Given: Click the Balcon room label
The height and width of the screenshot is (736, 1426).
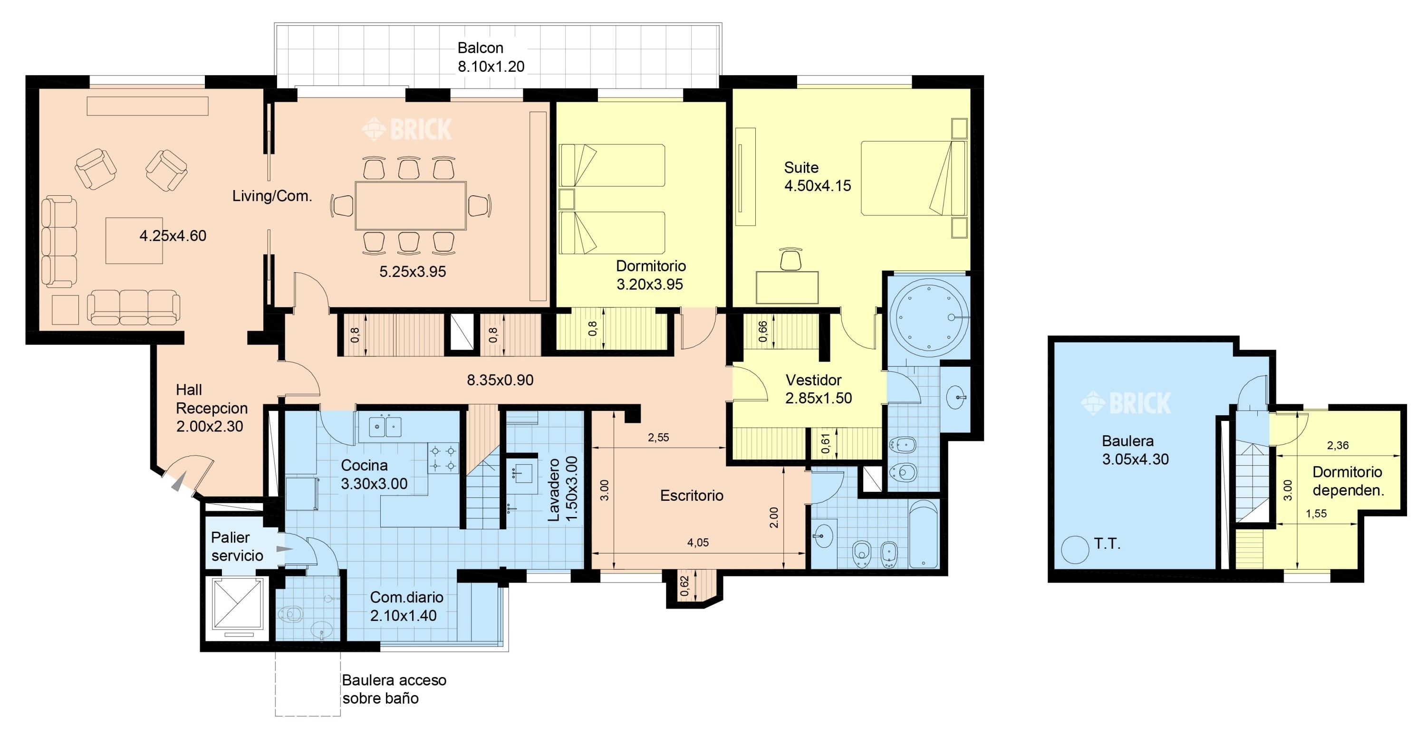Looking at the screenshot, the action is [480, 48].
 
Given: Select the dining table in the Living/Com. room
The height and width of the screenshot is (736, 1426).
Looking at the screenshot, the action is [410, 205].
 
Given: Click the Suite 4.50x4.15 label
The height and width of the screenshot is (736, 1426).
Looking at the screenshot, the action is [817, 177].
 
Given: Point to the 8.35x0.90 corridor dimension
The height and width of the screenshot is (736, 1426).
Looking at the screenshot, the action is [500, 380].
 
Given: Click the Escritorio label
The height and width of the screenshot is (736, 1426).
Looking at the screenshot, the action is [692, 495].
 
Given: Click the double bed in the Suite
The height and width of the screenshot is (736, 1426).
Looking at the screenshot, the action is [914, 178].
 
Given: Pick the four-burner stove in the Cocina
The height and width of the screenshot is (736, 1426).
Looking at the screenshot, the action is [443, 458].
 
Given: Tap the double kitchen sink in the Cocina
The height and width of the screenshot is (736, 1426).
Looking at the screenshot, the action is [385, 427].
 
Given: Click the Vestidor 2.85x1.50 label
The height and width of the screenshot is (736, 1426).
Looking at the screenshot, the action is [818, 389].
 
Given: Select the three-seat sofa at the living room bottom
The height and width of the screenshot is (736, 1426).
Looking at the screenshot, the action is [134, 307].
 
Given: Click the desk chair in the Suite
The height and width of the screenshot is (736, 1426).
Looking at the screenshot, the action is [790, 259].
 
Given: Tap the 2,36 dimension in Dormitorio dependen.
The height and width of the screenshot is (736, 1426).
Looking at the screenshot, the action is [1338, 446].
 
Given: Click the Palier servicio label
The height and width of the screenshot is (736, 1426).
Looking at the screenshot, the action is [237, 547].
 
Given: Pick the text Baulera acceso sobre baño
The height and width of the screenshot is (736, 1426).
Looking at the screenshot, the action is [394, 689].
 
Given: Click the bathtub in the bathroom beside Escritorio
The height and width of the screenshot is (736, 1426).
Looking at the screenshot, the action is [924, 534].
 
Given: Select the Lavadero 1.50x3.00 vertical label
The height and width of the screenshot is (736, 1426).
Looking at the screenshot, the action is [562, 488].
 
